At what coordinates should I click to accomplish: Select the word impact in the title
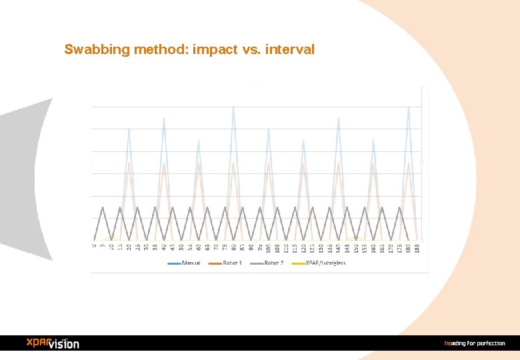(214, 49)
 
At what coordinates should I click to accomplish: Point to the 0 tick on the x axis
(94, 247)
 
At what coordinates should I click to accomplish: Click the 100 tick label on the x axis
(268, 249)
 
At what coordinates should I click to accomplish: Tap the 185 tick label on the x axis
(417, 249)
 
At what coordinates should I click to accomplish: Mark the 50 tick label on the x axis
(181, 248)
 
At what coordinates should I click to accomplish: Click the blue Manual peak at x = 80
(233, 106)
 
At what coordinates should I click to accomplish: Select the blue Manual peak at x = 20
(129, 129)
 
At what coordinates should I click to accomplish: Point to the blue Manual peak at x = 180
(408, 106)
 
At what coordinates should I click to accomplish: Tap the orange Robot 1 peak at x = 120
(303, 163)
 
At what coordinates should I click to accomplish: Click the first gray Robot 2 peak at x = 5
(103, 207)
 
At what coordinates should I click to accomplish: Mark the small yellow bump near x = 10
(111, 237)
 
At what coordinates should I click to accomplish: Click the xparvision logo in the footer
(53, 343)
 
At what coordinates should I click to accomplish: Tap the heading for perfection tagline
(475, 343)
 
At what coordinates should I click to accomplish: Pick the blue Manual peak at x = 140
(338, 118)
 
